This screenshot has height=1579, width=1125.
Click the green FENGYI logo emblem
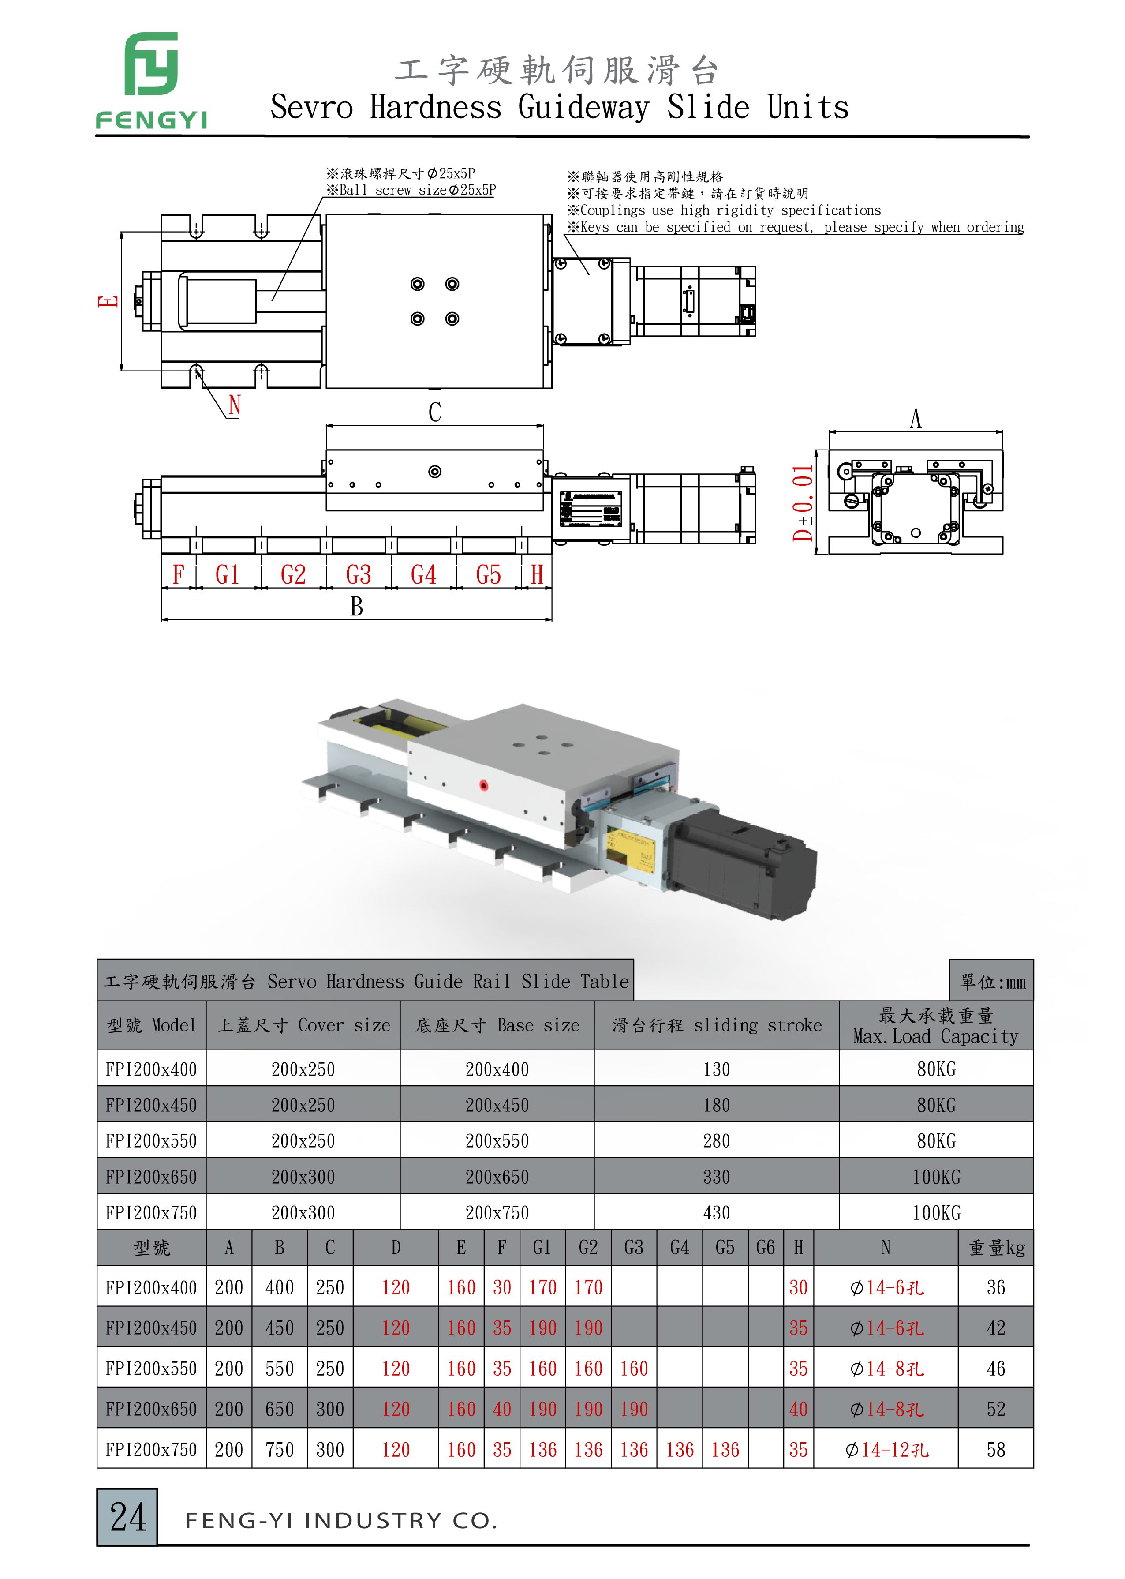tap(151, 64)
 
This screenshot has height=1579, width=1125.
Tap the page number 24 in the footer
tap(128, 1517)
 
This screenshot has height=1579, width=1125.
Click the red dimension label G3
tap(358, 574)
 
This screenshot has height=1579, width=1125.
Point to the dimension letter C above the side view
tap(434, 412)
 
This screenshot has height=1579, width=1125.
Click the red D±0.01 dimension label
tap(803, 503)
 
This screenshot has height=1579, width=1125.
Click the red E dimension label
tap(108, 301)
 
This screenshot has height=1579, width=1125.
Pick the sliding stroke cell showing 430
tap(716, 1212)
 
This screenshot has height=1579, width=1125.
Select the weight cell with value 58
tap(995, 1449)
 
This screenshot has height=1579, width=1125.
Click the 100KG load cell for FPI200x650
tap(936, 1177)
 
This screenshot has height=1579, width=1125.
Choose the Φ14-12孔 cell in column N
tap(886, 1449)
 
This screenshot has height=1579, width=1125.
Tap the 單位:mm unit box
tap(992, 981)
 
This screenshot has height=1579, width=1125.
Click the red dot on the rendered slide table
tap(483, 786)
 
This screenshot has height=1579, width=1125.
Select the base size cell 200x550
tap(497, 1141)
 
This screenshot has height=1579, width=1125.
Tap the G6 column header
tap(766, 1248)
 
